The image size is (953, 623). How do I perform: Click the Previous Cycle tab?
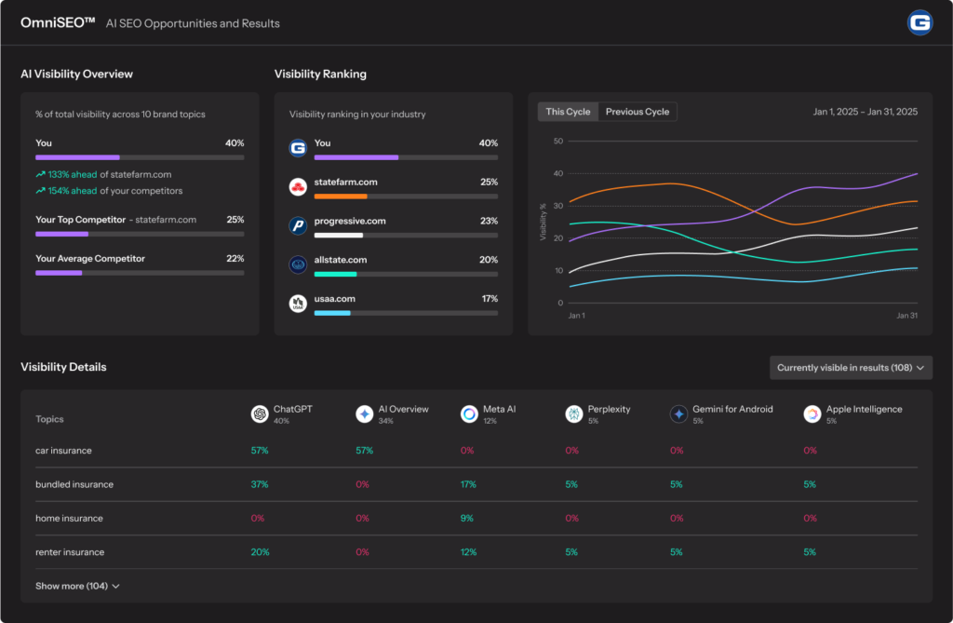pyautogui.click(x=638, y=112)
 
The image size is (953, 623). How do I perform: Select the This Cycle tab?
pyautogui.click(x=568, y=112)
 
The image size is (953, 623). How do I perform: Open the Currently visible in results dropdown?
pyautogui.click(x=851, y=368)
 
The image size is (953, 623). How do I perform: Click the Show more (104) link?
pyautogui.click(x=77, y=586)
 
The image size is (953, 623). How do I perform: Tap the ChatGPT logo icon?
pyautogui.click(x=260, y=413)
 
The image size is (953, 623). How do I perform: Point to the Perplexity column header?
pyautogui.click(x=609, y=409)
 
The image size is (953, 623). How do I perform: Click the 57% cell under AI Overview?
pyautogui.click(x=364, y=451)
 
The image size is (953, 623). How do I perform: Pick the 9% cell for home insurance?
pyautogui.click(x=467, y=518)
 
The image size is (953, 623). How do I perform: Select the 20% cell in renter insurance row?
pyautogui.click(x=260, y=552)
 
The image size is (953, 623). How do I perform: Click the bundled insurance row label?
pyautogui.click(x=74, y=484)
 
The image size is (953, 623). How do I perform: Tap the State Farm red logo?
pyautogui.click(x=298, y=187)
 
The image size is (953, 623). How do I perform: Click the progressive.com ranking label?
pyautogui.click(x=350, y=221)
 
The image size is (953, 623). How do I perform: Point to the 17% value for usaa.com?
pyautogui.click(x=489, y=299)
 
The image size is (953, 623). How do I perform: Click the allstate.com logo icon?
pyautogui.click(x=298, y=264)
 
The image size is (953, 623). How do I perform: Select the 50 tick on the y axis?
pyautogui.click(x=558, y=142)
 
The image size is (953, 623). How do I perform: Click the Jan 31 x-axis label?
pyautogui.click(x=906, y=316)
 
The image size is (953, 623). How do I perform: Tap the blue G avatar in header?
pyautogui.click(x=919, y=22)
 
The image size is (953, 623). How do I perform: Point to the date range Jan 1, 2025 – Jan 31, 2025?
pyautogui.click(x=865, y=112)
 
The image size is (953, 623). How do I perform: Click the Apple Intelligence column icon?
pyautogui.click(x=812, y=413)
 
